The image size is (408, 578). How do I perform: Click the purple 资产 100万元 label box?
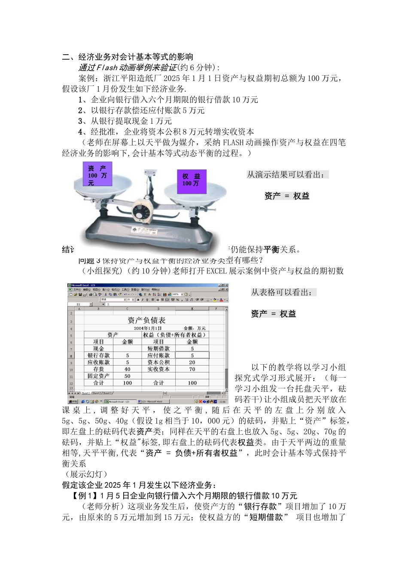[x=97, y=175]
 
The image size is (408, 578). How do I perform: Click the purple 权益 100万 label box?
[x=191, y=179]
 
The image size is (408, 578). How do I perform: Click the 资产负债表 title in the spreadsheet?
[x=146, y=320]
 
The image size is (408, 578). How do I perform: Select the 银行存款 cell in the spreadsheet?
[x=98, y=355]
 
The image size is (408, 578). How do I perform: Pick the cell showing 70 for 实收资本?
[x=192, y=369]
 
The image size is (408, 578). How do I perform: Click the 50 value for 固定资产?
[x=127, y=376]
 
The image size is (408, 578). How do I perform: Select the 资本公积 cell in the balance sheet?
[x=158, y=362]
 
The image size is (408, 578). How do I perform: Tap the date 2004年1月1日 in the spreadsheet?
[x=147, y=328]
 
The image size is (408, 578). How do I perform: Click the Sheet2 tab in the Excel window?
[x=97, y=393]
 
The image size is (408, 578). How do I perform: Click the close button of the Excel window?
[x=226, y=286]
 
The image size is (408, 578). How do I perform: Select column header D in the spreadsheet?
[x=158, y=308]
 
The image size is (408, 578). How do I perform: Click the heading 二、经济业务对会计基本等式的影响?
[x=128, y=57]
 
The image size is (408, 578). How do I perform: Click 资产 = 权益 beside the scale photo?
[x=286, y=196]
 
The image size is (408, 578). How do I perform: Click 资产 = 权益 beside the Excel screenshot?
[x=274, y=314]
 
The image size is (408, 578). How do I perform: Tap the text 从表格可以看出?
[x=283, y=292]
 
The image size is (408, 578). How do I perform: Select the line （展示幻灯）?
[x=84, y=474]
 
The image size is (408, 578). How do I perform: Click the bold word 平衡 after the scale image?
[x=271, y=249]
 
